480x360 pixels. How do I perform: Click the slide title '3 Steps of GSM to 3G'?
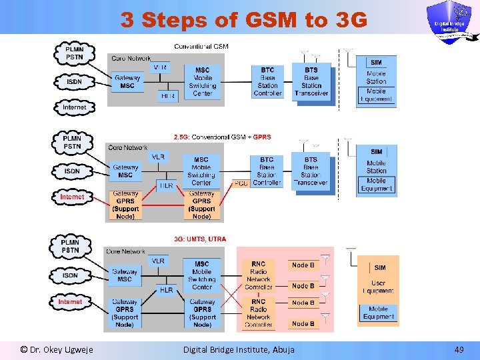[x=243, y=20]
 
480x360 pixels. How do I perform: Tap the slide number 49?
[x=458, y=349]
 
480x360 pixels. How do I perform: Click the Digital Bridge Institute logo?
[x=453, y=21]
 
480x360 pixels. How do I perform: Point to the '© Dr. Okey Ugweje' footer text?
[x=57, y=349]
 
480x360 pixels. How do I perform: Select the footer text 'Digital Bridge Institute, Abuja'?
[x=238, y=349]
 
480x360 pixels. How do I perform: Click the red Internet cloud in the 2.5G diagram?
[x=73, y=197]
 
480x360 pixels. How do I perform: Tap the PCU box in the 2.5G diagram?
[x=241, y=183]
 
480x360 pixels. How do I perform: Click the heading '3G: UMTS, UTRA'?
[x=200, y=238]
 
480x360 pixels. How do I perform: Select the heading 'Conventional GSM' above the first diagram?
[x=201, y=46]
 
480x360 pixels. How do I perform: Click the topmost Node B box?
[x=303, y=265]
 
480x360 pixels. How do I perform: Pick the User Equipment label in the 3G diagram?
[x=378, y=287]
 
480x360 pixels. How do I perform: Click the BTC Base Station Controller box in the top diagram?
[x=267, y=81]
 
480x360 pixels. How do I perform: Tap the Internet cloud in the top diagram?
[x=74, y=107]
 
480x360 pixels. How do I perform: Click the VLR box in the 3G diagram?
[x=159, y=261]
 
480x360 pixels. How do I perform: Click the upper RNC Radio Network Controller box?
[x=259, y=275]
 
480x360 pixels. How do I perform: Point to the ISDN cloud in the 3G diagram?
[x=71, y=275]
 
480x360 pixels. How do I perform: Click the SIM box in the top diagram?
[x=376, y=63]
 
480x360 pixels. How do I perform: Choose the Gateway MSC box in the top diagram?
[x=127, y=82]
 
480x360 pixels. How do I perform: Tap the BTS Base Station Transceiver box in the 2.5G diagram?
[x=311, y=171]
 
